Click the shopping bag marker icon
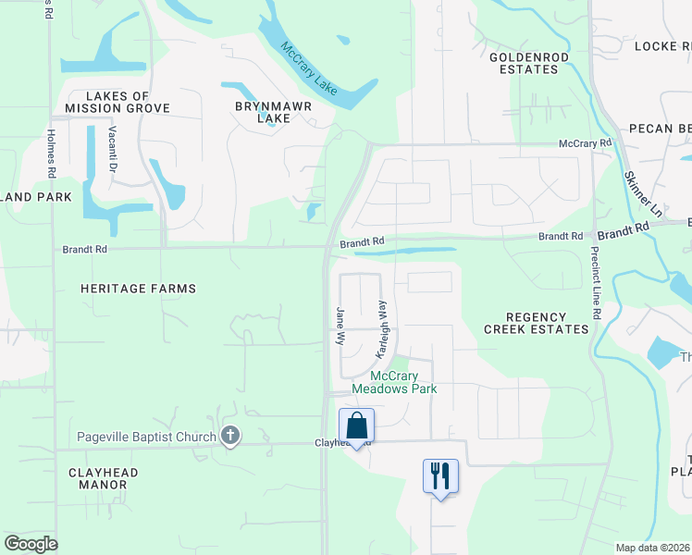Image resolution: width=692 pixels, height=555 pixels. click(357, 426)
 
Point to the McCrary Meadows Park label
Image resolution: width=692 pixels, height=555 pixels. click(403, 382)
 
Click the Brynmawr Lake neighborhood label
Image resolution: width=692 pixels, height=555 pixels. click(273, 112)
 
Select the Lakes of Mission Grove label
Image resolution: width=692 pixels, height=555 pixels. click(117, 102)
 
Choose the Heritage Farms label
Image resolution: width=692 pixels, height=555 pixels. click(139, 289)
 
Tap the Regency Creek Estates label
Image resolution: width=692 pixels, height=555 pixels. click(536, 323)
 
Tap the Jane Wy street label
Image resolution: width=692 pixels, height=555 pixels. click(340, 326)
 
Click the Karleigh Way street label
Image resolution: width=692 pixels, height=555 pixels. click(382, 328)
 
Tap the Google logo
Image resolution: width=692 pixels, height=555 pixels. click(31, 544)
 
